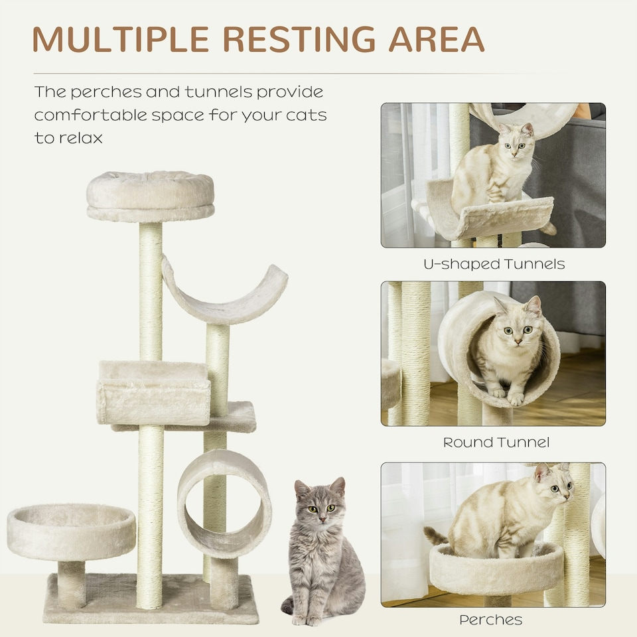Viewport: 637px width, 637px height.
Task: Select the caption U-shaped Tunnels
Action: [x=494, y=264]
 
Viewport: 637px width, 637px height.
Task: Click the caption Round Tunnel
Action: [x=496, y=442]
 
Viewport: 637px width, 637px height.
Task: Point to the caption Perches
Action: [x=490, y=620]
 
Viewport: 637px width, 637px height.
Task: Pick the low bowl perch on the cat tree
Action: [x=71, y=531]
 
